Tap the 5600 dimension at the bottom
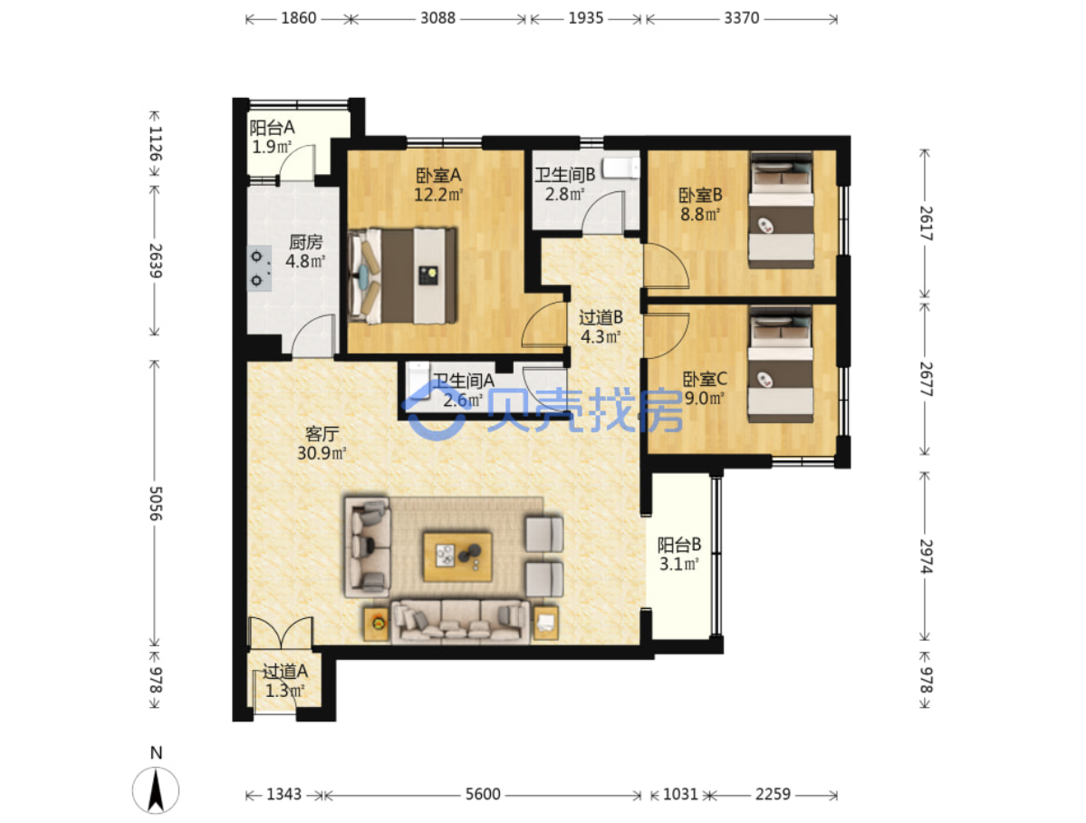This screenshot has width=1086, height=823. pyautogui.click(x=483, y=794)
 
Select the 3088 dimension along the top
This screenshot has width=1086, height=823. pyautogui.click(x=437, y=18)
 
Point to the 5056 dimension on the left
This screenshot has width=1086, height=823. pyautogui.click(x=156, y=503)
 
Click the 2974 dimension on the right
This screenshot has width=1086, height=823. pyautogui.click(x=926, y=556)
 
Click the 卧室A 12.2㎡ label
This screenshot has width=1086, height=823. pyautogui.click(x=438, y=185)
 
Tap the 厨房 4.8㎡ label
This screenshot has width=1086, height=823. pyautogui.click(x=305, y=252)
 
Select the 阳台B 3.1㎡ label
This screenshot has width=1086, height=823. pyautogui.click(x=678, y=554)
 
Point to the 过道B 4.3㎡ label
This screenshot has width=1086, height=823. pyautogui.click(x=601, y=327)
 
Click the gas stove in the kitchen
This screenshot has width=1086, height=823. pyautogui.click(x=260, y=268)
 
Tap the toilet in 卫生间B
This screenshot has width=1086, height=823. pyautogui.click(x=620, y=168)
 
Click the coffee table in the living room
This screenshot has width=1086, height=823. pyautogui.click(x=457, y=557)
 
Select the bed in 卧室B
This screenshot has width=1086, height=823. pyautogui.click(x=781, y=209)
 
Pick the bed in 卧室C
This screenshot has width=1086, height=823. pyautogui.click(x=781, y=364)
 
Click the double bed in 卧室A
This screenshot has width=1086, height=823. pyautogui.click(x=402, y=276)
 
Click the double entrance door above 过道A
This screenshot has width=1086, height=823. pyautogui.click(x=281, y=633)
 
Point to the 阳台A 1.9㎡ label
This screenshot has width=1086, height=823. pyautogui.click(x=273, y=137)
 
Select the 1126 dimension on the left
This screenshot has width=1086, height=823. pyautogui.click(x=156, y=143)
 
